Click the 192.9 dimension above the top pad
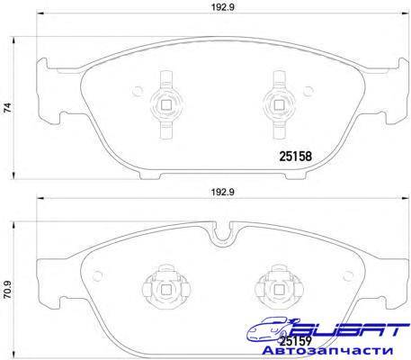coord(222,7)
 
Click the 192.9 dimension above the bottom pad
coord(222,192)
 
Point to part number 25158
coord(296,156)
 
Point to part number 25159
coord(296,341)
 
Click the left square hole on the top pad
coord(165,104)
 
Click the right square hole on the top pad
coord(279,104)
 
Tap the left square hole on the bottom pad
coord(165,290)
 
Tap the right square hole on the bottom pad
coord(279,290)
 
